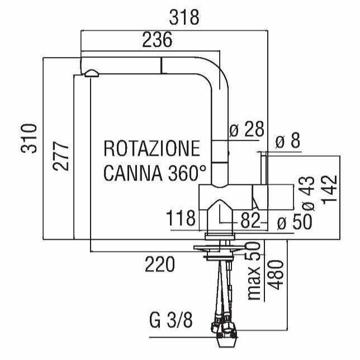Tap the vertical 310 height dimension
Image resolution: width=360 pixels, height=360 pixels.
tap(30, 138)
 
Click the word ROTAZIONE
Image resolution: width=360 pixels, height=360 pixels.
tap(151, 149)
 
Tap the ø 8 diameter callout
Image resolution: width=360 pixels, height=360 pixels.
tap(288, 141)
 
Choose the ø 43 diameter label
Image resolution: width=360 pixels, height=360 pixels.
tap(309, 193)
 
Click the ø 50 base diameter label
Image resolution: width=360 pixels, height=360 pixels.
tap(293, 223)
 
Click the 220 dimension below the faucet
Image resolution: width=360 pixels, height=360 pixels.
tap(160, 264)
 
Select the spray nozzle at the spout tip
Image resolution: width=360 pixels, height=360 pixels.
tap(91, 73)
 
